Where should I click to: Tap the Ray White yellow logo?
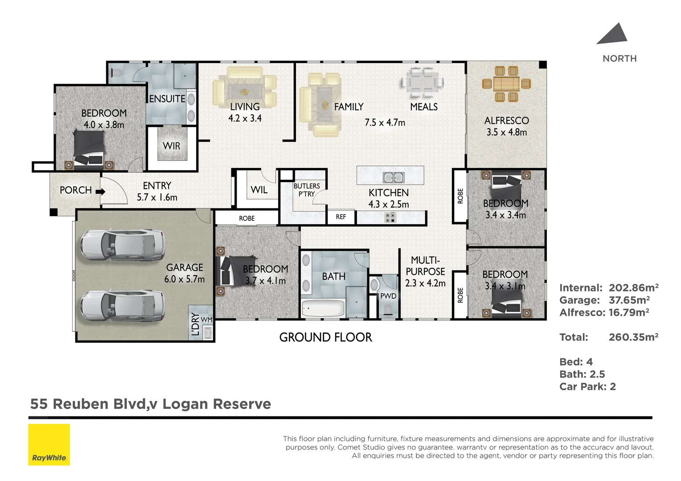click(x=49, y=444)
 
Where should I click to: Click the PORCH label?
click(x=75, y=190)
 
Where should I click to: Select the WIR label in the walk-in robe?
click(x=172, y=146)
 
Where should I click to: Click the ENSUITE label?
click(x=167, y=99)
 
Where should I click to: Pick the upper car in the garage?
click(x=123, y=245)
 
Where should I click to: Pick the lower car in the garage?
click(x=123, y=306)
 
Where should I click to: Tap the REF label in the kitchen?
click(x=341, y=217)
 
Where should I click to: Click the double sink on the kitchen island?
click(x=394, y=177)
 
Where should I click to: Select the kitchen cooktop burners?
click(x=390, y=218)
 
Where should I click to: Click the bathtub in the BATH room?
click(x=323, y=308)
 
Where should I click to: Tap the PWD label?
click(x=388, y=296)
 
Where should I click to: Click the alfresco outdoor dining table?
click(x=506, y=83)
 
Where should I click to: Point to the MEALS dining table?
click(x=422, y=82)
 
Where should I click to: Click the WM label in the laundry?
click(x=206, y=320)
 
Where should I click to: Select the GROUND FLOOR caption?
click(x=325, y=338)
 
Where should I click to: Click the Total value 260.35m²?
click(x=633, y=337)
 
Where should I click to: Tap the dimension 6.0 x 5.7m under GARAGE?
click(x=185, y=279)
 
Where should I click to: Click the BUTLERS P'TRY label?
click(x=307, y=190)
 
